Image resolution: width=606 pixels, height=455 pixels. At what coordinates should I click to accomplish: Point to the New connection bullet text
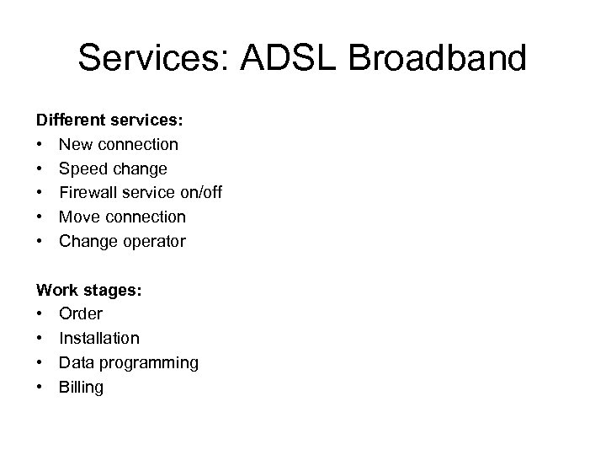click(x=119, y=145)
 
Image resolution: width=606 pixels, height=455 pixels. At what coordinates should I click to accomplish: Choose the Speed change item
click(x=113, y=169)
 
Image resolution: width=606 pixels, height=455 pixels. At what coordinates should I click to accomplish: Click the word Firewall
click(x=88, y=193)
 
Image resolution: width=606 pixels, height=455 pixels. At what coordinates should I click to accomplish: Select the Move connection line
click(x=123, y=217)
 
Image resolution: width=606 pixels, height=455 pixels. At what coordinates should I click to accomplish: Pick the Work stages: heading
click(x=89, y=290)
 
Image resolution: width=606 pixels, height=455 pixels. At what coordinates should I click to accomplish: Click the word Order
click(x=81, y=314)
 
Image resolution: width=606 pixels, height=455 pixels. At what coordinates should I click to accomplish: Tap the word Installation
click(x=99, y=339)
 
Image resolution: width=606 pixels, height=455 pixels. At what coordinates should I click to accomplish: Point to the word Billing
click(x=81, y=388)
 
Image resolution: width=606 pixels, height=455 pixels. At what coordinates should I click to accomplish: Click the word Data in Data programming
click(x=76, y=362)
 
